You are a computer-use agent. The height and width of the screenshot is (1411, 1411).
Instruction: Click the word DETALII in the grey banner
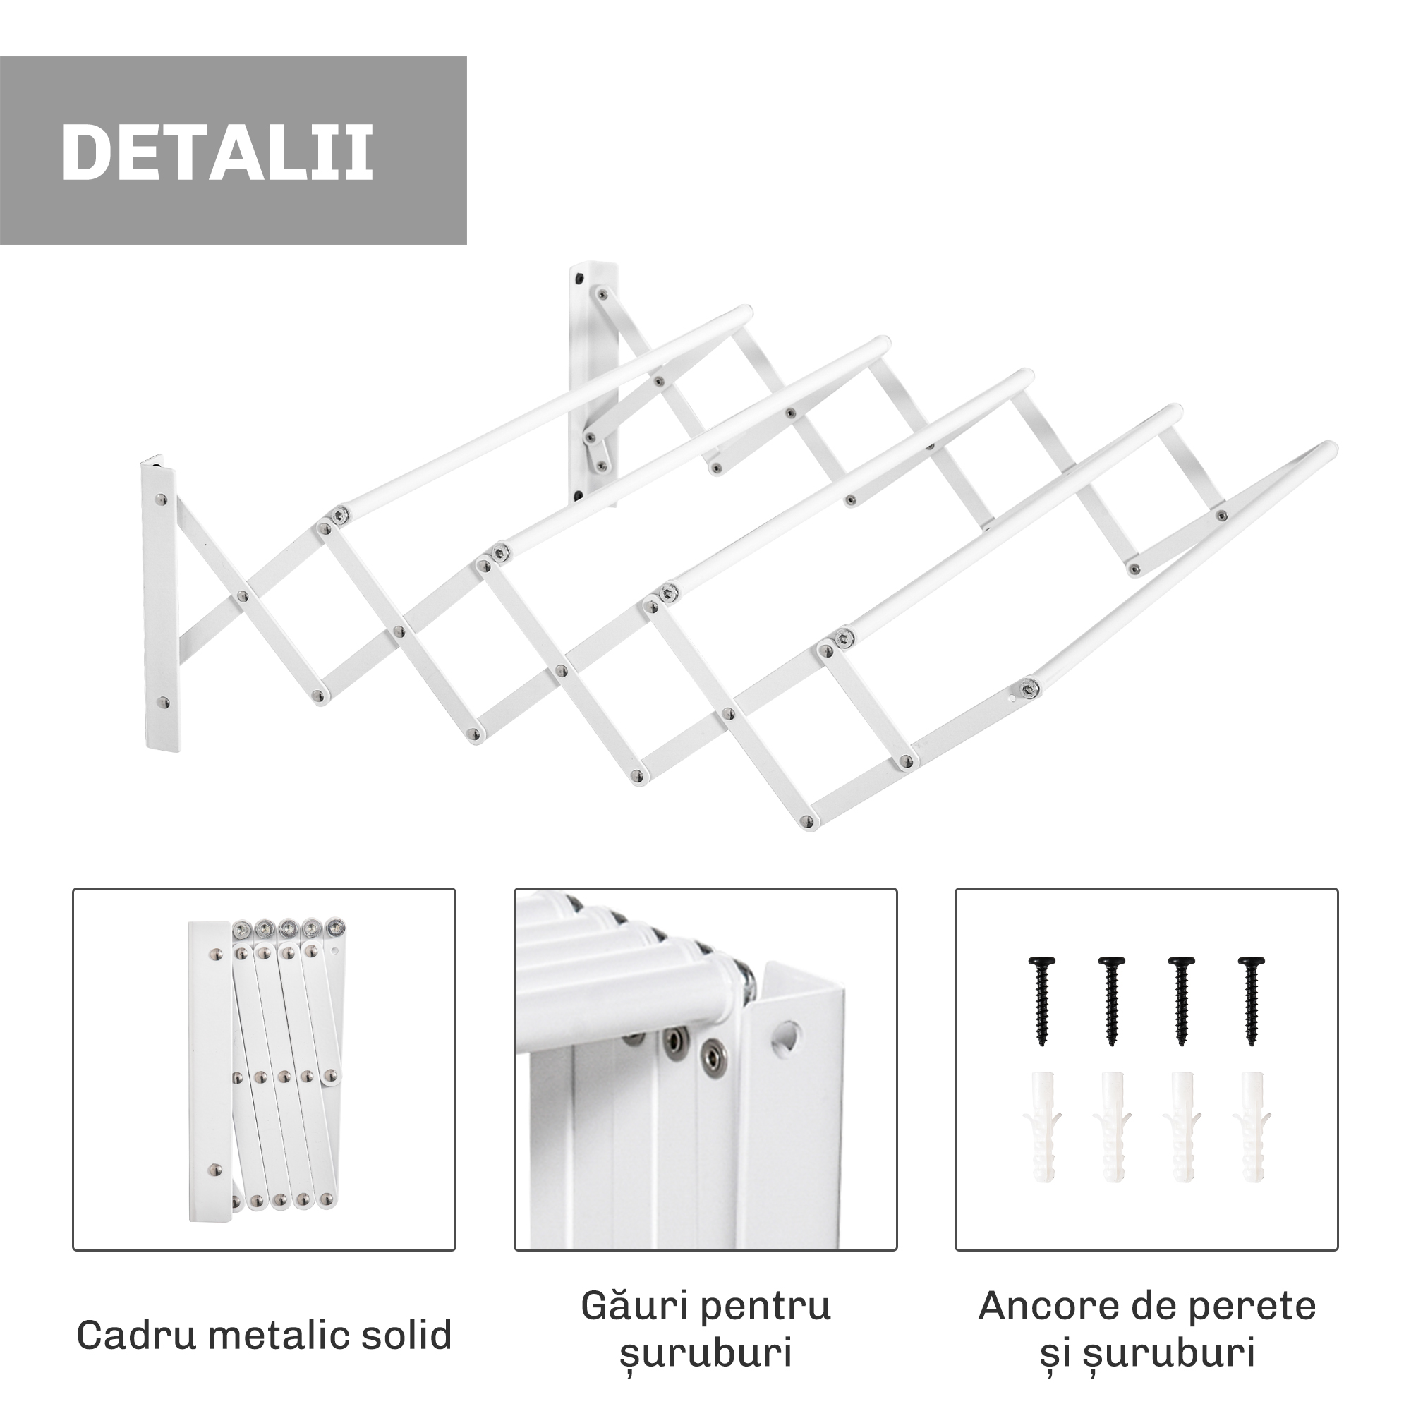(x=217, y=151)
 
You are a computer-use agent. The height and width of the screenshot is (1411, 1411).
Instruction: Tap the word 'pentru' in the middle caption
(x=768, y=1307)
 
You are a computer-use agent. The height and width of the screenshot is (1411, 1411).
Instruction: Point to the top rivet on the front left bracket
(x=162, y=500)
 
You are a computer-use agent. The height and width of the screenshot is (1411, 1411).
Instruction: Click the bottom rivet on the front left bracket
(x=164, y=703)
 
